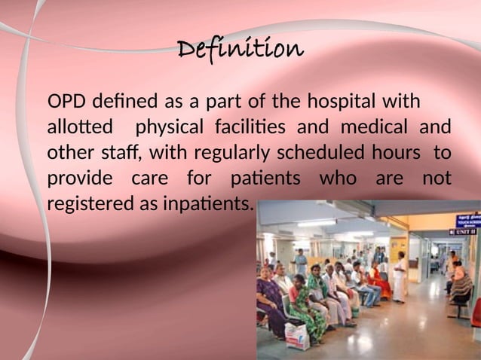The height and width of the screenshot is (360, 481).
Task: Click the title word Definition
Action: click(x=240, y=50)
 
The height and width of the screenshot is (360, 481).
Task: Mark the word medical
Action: click(x=377, y=127)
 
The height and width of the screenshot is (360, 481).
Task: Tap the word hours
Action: click(x=400, y=153)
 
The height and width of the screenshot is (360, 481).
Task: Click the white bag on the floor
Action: click(x=296, y=336)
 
